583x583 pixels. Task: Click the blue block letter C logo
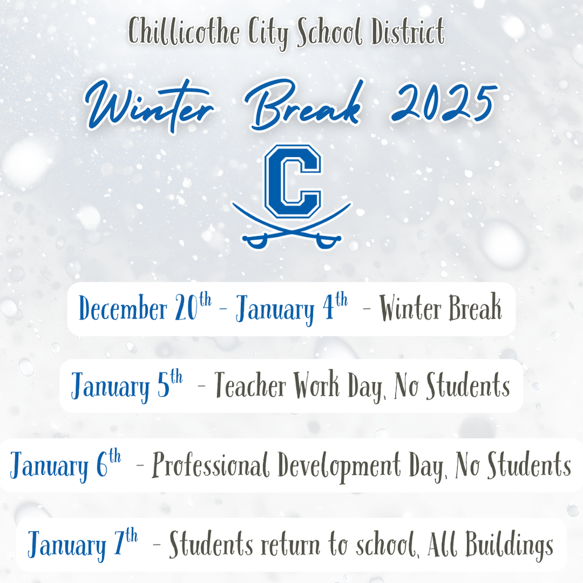[x=291, y=180]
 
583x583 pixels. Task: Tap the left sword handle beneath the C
[x=254, y=241]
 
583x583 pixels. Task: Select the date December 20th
[x=145, y=309]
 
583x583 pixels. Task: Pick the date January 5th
[x=127, y=387]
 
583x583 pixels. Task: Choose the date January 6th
[x=65, y=465]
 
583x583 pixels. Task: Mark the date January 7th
[x=83, y=544]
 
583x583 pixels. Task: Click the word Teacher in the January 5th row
[x=251, y=387]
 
